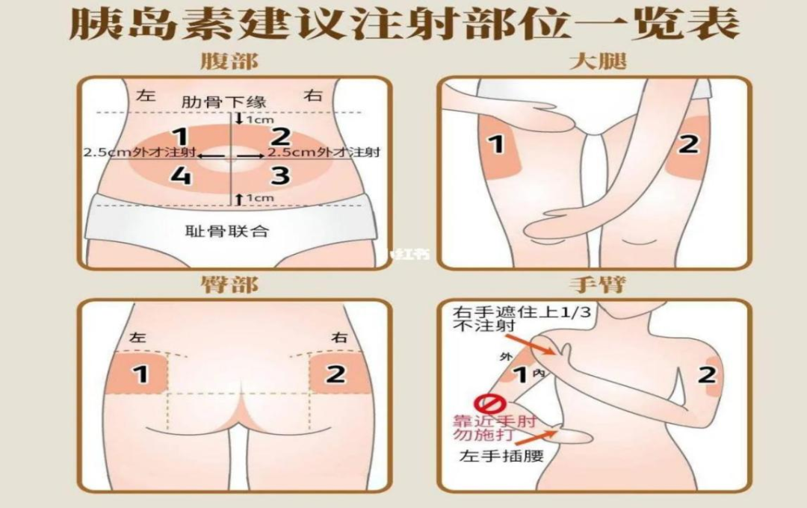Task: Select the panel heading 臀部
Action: tap(229, 285)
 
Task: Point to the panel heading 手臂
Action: tap(597, 285)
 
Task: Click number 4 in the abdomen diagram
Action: tap(179, 176)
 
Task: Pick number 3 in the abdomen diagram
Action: tap(279, 176)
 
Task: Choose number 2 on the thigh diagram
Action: tap(688, 143)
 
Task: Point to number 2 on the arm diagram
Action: tap(707, 375)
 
